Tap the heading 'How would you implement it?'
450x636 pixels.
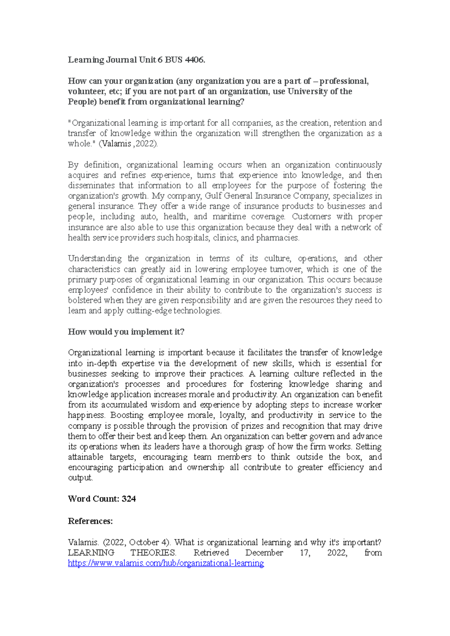pos(126,332)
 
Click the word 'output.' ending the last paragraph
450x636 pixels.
pos(80,478)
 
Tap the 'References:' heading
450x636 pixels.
pos(90,521)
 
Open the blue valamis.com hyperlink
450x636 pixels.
pos(166,563)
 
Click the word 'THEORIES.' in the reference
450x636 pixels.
pos(153,553)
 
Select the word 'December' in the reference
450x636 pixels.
pos(264,553)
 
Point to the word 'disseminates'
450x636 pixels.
pos(91,186)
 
